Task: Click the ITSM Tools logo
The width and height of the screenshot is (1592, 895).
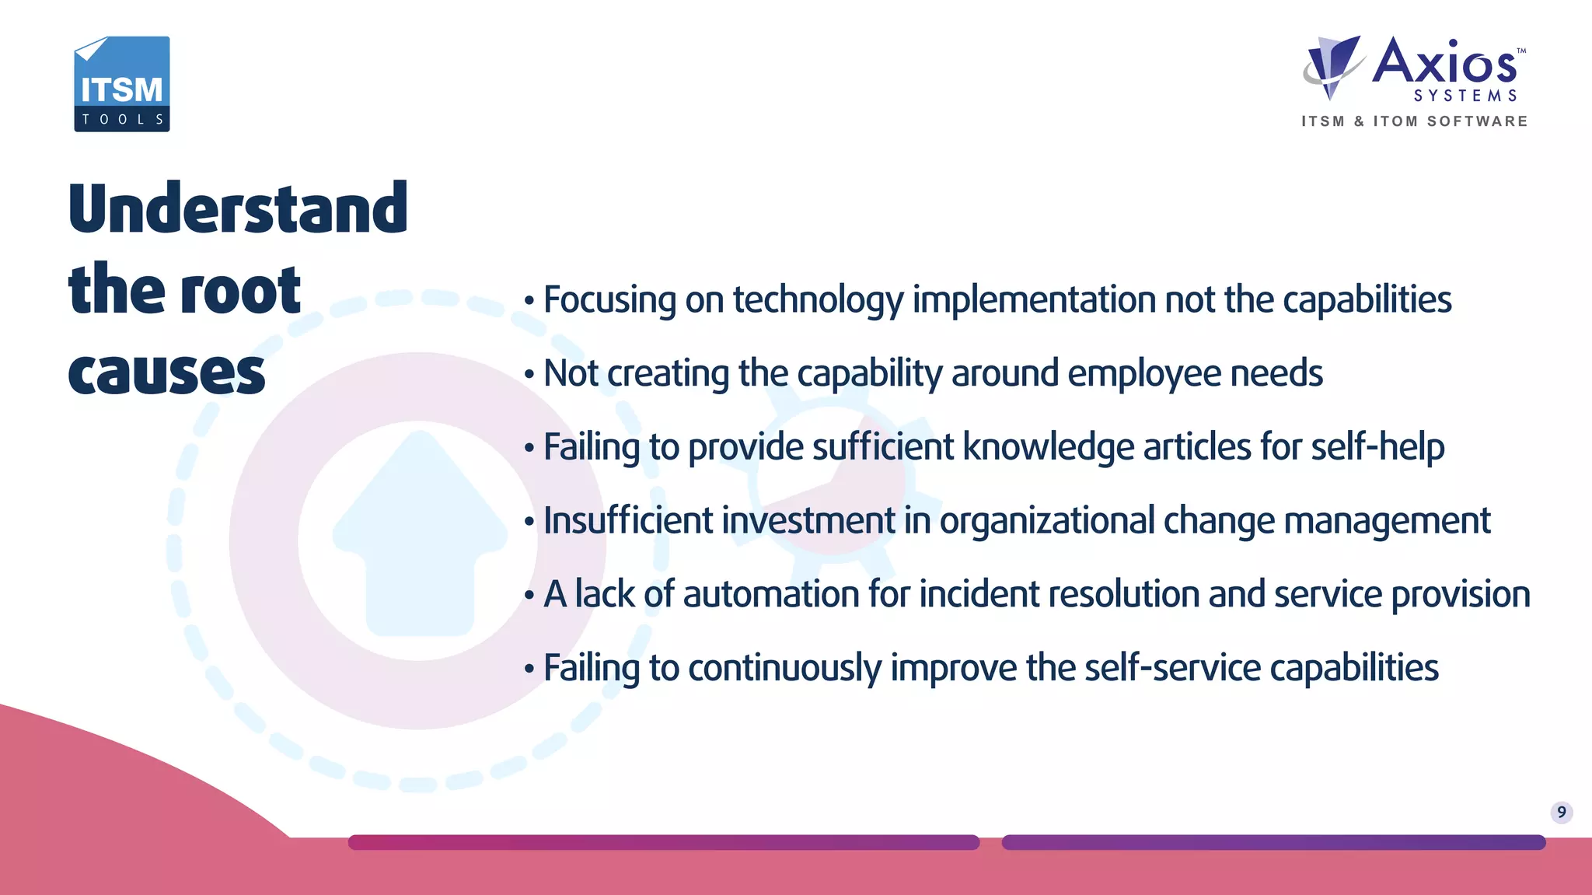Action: [122, 84]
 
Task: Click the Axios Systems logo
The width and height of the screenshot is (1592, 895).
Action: [1415, 70]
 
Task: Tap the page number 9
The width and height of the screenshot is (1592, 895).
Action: [1561, 813]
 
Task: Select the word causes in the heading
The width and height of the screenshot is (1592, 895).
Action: [167, 372]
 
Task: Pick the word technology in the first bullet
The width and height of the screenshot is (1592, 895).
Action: [818, 300]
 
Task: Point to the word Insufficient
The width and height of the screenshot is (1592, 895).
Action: [628, 521]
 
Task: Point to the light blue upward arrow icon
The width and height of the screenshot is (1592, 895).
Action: [420, 537]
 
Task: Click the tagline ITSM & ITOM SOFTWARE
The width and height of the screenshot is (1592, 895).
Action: [1415, 121]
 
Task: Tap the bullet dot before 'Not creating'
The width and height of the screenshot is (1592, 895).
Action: [529, 375]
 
